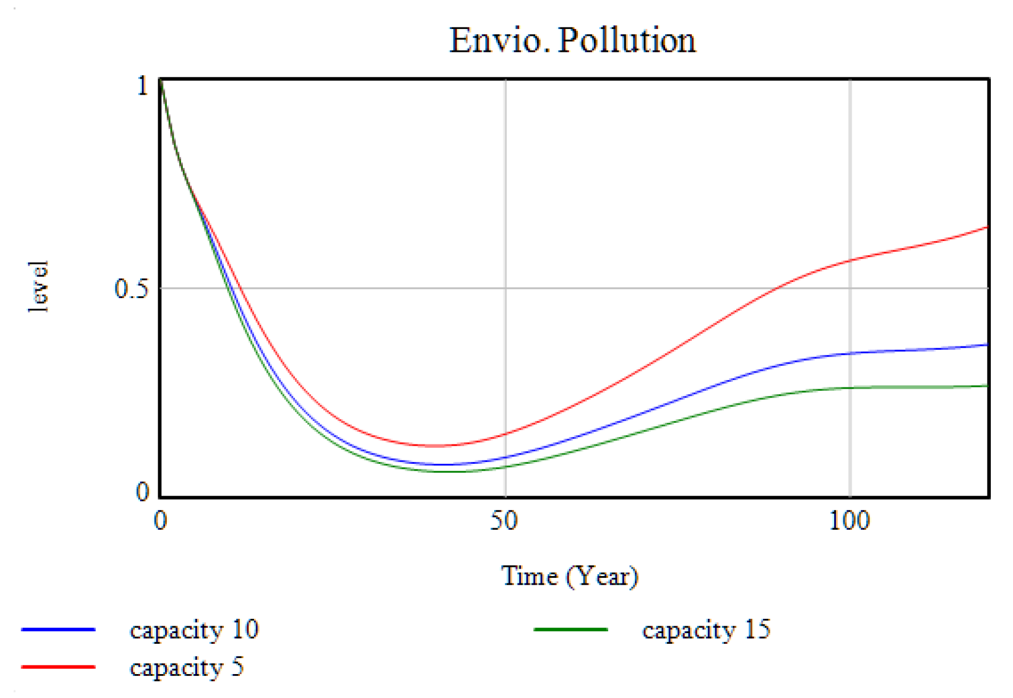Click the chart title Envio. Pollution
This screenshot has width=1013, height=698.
click(x=572, y=40)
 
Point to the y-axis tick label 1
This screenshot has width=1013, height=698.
click(x=143, y=86)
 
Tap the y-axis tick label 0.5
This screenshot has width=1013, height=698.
click(x=131, y=289)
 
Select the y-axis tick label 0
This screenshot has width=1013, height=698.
click(x=142, y=492)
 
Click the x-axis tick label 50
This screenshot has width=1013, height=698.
click(x=504, y=521)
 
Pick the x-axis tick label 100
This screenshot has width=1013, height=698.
click(x=849, y=521)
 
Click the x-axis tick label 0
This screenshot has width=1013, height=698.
click(x=161, y=521)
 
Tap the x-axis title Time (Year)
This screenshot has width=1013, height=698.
click(x=569, y=576)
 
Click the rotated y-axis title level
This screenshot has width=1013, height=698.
click(x=39, y=287)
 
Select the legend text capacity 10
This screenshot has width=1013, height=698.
click(x=194, y=630)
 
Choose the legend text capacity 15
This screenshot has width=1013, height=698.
click(x=706, y=630)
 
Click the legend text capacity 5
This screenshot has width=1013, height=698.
click(x=187, y=667)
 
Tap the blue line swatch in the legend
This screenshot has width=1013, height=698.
click(x=58, y=630)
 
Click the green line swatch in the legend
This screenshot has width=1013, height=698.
click(x=571, y=630)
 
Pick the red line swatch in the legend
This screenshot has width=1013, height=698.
click(x=58, y=667)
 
